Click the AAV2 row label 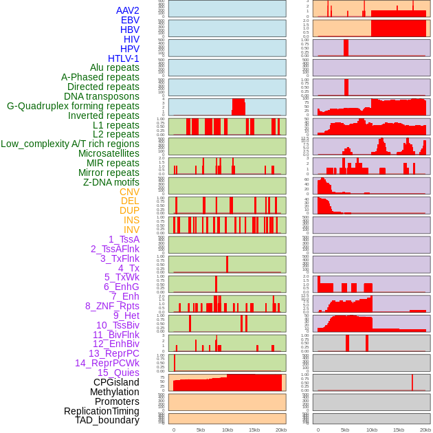click(x=127, y=10)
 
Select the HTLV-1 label click(x=123, y=58)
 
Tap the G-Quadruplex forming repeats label click(x=73, y=106)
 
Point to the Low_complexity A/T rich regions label click(x=69, y=144)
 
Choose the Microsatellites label click(x=109, y=153)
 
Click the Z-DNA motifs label click(x=111, y=182)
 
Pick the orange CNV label click(x=129, y=192)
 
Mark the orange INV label click(x=131, y=230)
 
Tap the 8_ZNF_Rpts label click(x=112, y=306)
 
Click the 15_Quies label click(x=118, y=373)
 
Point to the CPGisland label click(x=116, y=382)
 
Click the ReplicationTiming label click(x=101, y=411)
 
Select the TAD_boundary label click(x=107, y=420)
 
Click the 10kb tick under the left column click(x=227, y=430)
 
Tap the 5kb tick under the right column click(x=345, y=430)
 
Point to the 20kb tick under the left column click(x=280, y=430)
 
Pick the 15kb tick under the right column click(x=399, y=430)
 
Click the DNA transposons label click(x=102, y=96)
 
